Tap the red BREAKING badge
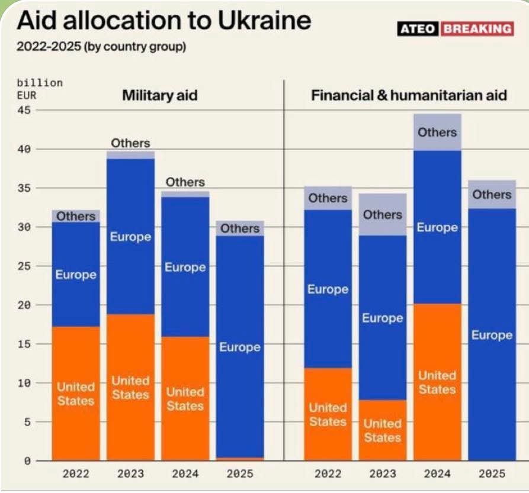click(x=477, y=28)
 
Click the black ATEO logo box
click(x=418, y=28)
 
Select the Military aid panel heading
click(x=159, y=95)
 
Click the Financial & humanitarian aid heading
click(x=409, y=95)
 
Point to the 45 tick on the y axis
click(x=24, y=111)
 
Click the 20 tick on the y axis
click(x=24, y=305)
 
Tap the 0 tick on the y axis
click(x=27, y=460)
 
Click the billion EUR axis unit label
click(x=39, y=88)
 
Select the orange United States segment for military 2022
click(x=76, y=394)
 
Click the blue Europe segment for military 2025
click(x=240, y=346)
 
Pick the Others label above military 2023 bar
click(x=130, y=143)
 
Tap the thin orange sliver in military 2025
click(x=240, y=459)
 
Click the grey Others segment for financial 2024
click(x=437, y=132)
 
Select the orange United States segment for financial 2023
click(x=383, y=430)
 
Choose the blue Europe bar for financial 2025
click(x=492, y=335)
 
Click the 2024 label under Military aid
click(x=185, y=473)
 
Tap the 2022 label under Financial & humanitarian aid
click(x=328, y=473)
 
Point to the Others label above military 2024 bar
click(x=185, y=182)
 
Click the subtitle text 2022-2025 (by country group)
click(x=101, y=47)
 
